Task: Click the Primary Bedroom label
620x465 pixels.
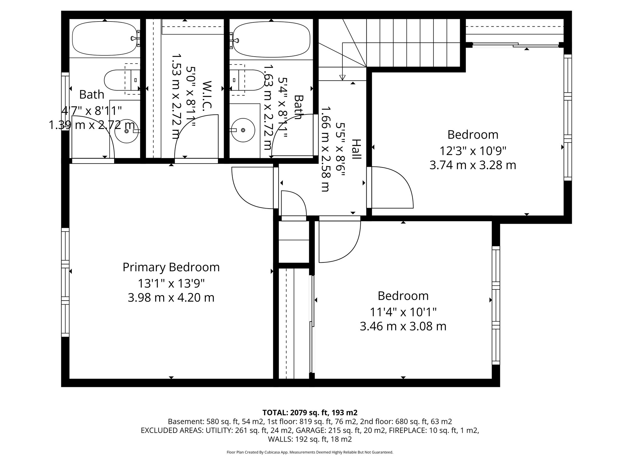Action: [171, 267]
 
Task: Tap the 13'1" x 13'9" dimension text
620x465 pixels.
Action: [171, 284]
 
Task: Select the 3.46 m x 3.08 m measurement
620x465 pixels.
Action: [403, 327]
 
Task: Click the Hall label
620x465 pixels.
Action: [356, 149]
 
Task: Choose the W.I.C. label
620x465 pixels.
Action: [207, 94]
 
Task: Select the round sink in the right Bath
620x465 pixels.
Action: [242, 130]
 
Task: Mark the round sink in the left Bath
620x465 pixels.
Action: [127, 131]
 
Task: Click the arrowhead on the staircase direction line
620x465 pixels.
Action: [342, 77]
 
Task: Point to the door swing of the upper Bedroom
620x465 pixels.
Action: [394, 186]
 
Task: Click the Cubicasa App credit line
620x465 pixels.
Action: [310, 452]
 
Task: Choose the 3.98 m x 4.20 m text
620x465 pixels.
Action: [171, 298]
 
